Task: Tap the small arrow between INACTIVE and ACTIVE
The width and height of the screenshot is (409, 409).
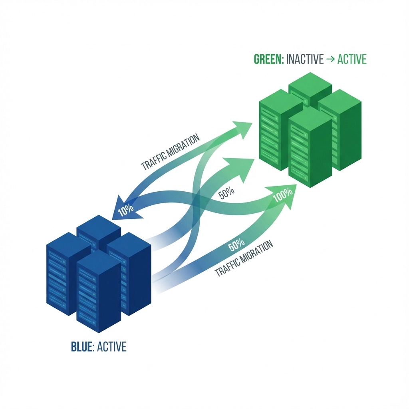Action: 331,60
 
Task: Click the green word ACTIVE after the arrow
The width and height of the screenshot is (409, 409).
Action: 351,60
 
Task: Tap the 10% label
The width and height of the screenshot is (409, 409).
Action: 125,210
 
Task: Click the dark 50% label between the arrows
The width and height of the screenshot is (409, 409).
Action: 226,194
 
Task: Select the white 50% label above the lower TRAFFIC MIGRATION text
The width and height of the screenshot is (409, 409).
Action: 236,245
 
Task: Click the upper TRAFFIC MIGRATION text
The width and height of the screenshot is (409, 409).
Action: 171,153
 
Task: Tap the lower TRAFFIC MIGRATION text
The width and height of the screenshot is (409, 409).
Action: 244,260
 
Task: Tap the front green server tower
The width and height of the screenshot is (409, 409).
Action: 310,148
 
